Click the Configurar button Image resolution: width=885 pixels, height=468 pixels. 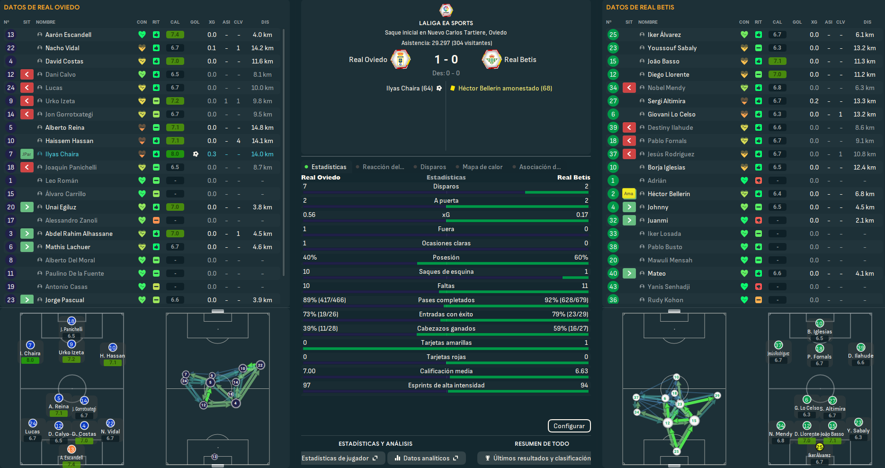569,426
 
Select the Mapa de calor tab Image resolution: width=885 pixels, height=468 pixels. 482,167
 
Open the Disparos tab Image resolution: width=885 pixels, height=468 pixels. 433,167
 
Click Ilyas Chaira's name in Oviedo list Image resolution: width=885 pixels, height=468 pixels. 62,154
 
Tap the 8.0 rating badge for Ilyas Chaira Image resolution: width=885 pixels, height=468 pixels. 175,154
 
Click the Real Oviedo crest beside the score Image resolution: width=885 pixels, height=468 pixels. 400,60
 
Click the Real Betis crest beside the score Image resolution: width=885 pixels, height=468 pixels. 492,60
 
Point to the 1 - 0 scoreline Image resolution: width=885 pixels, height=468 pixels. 446,59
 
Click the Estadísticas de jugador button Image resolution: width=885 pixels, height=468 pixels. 339,458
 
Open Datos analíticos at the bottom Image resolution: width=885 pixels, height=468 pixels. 426,458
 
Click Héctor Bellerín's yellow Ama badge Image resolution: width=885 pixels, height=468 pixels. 628,194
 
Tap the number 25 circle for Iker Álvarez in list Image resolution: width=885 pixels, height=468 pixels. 613,35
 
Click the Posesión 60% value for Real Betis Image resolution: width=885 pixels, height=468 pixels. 581,257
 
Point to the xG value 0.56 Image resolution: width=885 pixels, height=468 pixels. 309,215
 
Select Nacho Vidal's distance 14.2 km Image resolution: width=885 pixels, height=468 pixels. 262,48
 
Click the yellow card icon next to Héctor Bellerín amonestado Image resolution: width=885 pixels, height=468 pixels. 453,88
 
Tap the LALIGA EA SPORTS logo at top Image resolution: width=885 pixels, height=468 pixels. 446,10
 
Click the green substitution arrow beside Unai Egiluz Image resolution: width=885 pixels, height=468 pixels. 27,207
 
